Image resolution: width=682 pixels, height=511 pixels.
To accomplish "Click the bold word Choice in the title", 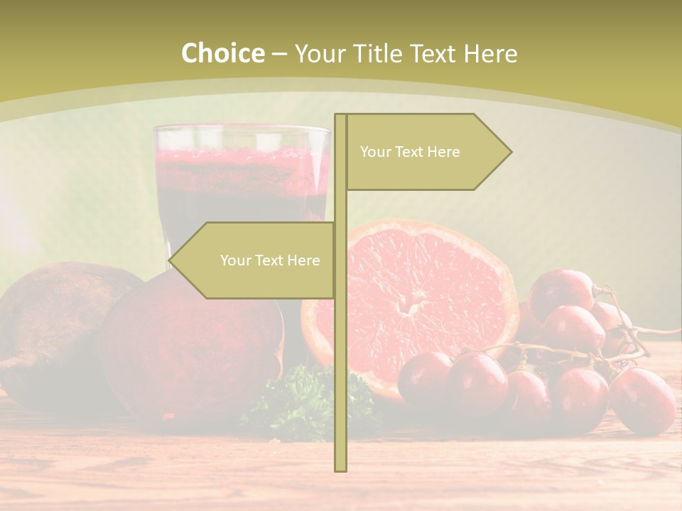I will (222, 53).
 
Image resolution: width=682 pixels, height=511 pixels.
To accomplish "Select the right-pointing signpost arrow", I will (426, 152).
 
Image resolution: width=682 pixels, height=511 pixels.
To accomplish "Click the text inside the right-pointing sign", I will (410, 152).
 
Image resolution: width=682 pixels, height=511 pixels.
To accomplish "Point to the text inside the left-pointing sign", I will (270, 260).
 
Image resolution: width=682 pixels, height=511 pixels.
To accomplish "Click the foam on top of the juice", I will (242, 158).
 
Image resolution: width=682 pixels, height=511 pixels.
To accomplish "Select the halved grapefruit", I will (419, 298).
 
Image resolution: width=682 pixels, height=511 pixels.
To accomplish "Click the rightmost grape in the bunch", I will (643, 401).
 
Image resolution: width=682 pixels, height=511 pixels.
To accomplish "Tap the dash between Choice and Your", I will (279, 54).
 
